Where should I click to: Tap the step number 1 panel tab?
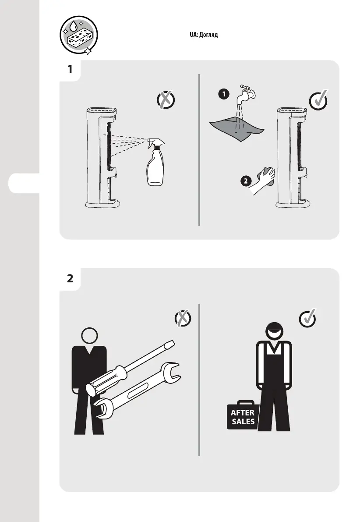(x=70, y=70)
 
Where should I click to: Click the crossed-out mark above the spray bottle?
(x=165, y=100)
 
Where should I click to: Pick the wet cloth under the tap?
(x=236, y=128)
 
